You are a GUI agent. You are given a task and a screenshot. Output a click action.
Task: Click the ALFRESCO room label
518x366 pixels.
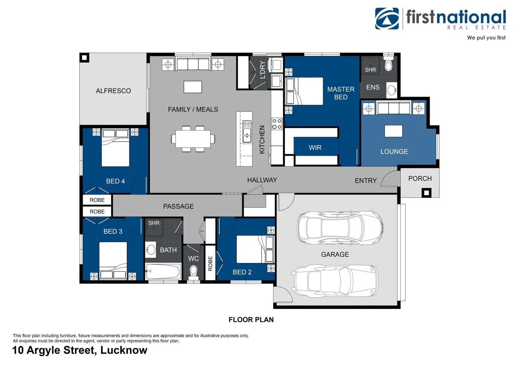coord(113,91)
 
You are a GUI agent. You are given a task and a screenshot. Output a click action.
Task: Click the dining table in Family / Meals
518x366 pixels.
coord(193,139)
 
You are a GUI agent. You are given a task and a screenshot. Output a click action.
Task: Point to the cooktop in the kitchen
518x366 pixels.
coord(277,124)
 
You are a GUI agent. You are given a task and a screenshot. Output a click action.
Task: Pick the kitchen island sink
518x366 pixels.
coord(247,131)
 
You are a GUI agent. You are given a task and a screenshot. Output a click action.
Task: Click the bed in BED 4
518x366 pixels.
coord(115,148)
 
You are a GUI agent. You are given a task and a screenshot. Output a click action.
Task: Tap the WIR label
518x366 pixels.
coord(315,147)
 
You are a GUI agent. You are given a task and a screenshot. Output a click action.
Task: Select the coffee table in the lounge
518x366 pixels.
coord(393,131)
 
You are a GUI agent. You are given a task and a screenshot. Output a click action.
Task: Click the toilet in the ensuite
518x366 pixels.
coord(388,63)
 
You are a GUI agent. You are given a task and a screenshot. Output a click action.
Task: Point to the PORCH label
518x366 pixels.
coord(420,179)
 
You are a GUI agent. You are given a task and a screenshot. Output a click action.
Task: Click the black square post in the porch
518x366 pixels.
coord(426,192)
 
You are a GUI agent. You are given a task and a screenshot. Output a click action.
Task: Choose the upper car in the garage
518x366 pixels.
coord(340,227)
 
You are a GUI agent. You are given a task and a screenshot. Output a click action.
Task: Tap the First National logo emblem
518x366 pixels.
coord(387,19)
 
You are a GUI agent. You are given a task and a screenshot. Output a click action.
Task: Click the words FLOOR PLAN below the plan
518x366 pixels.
coord(251,320)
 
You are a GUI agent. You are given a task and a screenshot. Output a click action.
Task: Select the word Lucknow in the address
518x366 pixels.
coord(124,350)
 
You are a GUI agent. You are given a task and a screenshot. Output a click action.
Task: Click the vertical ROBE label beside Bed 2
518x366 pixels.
coord(210,263)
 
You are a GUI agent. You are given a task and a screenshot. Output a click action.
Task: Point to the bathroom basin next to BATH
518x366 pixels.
coord(151,250)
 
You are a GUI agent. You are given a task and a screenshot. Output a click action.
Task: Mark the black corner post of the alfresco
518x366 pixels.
coord(84,58)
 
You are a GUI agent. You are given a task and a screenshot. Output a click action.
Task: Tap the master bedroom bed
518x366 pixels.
coord(304,91)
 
